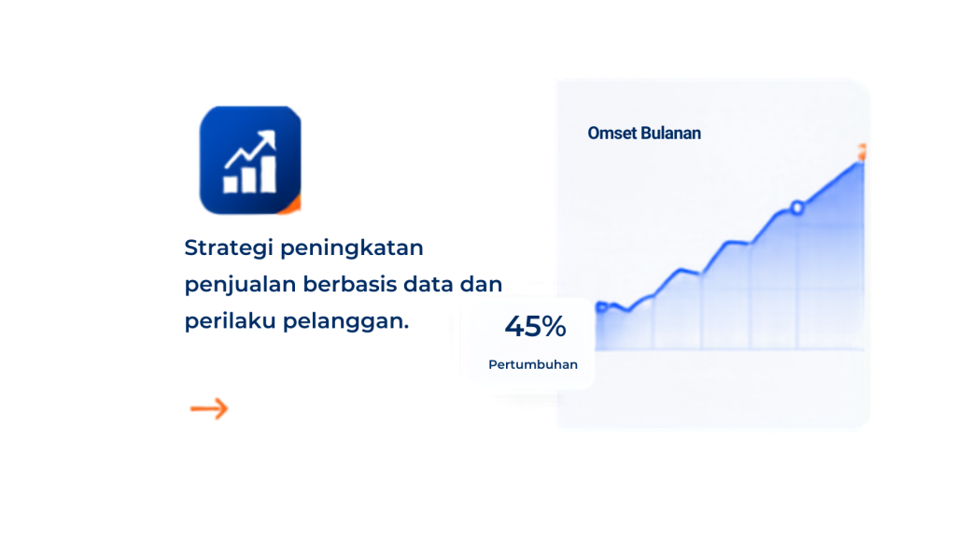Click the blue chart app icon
pyautogui.click(x=250, y=160)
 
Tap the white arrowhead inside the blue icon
pyautogui.click(x=267, y=140)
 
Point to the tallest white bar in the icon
pyautogui.click(x=269, y=175)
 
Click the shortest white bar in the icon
pyautogui.click(x=231, y=184)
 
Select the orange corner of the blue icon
pyautogui.click(x=292, y=206)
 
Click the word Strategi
pyautogui.click(x=229, y=248)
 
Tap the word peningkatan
pyautogui.click(x=352, y=248)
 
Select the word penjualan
pyautogui.click(x=240, y=285)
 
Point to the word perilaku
pyautogui.click(x=230, y=321)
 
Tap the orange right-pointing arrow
pyautogui.click(x=209, y=409)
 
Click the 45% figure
pyautogui.click(x=535, y=326)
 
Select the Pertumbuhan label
pyautogui.click(x=533, y=365)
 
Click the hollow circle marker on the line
pyautogui.click(x=797, y=208)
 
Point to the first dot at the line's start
pyautogui.click(x=602, y=306)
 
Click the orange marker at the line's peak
pyautogui.click(x=862, y=152)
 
